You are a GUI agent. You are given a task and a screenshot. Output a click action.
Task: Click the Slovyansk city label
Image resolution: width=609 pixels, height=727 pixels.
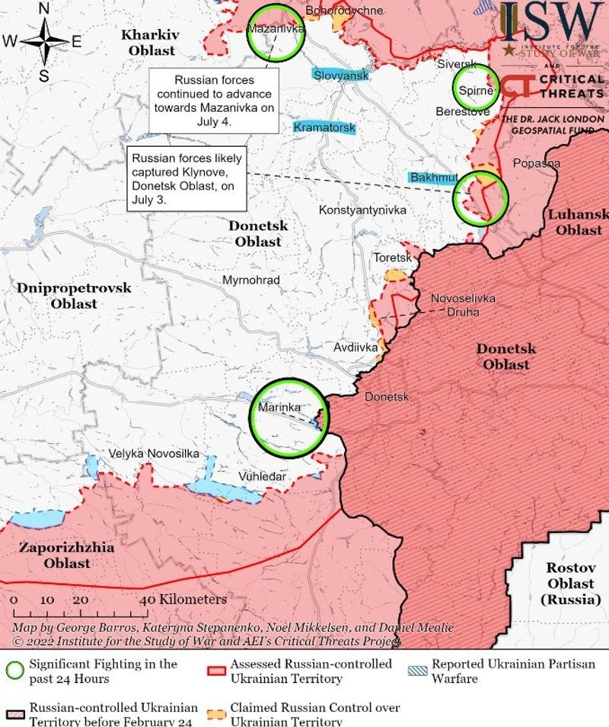(x=340, y=75)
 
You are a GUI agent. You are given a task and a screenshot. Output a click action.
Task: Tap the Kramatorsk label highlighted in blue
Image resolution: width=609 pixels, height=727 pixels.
(x=324, y=127)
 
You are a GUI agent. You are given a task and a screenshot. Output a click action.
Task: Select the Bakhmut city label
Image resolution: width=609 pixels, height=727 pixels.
(x=433, y=177)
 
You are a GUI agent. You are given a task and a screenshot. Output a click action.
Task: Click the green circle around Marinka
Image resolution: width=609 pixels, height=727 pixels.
(x=289, y=418)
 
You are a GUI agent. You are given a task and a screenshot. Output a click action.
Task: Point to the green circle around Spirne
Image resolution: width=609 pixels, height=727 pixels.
(x=476, y=89)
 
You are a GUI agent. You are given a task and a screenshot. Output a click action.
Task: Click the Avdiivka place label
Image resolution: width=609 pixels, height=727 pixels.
(x=356, y=348)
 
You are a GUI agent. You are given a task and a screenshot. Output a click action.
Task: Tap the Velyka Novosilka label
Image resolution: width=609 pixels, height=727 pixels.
(x=153, y=454)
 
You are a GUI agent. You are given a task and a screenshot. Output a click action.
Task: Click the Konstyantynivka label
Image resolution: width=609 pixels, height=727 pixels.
(x=362, y=210)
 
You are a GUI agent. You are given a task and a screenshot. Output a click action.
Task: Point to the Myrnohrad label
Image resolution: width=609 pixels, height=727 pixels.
(x=250, y=280)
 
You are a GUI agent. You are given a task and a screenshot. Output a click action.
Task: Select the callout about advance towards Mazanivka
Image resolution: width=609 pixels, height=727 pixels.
(x=214, y=100)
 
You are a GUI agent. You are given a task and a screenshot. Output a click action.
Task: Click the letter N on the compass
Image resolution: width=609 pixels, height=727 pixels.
(x=44, y=9)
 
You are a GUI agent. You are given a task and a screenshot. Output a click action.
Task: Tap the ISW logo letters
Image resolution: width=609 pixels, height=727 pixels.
(x=550, y=23)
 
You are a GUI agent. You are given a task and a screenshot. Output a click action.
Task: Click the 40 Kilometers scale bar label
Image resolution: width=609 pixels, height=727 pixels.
(x=183, y=599)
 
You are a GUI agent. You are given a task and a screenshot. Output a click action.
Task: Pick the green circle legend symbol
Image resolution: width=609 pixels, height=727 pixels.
(x=14, y=671)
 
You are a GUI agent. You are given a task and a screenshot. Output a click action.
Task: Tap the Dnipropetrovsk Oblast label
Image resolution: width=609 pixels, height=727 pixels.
(x=74, y=296)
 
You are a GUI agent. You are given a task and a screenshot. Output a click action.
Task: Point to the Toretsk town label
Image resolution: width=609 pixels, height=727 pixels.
(x=391, y=258)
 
